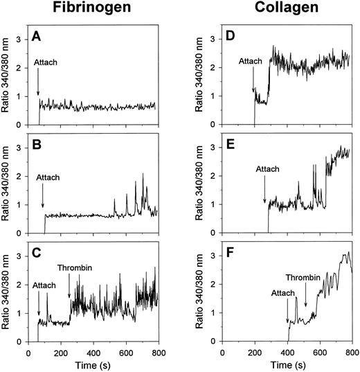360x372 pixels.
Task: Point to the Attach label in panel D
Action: tap(251, 62)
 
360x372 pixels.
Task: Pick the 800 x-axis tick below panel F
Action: tap(352, 351)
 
